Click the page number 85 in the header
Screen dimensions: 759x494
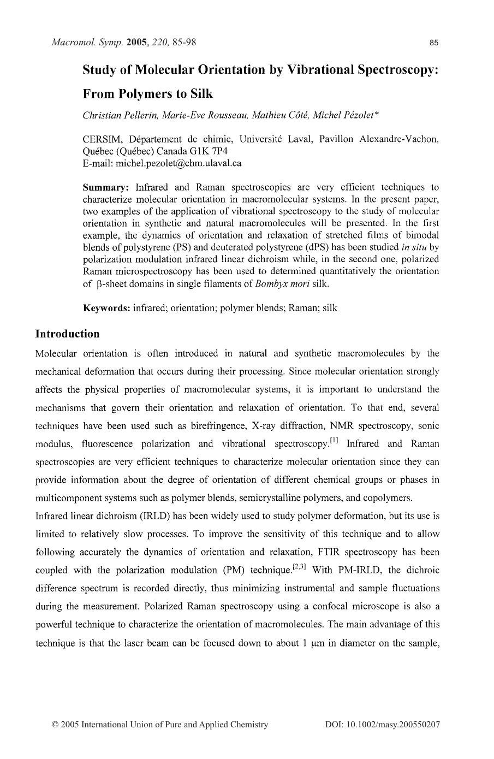pyautogui.click(x=435, y=43)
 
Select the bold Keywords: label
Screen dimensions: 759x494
pyautogui.click(x=106, y=308)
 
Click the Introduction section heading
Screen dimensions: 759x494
pyautogui.click(x=68, y=334)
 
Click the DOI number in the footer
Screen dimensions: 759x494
pyautogui.click(x=382, y=725)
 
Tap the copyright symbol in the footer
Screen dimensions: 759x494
pyautogui.click(x=55, y=725)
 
